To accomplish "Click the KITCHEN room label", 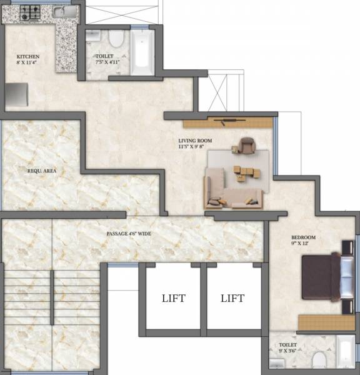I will tap(27, 56).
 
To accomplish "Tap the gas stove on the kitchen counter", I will tap(29, 13).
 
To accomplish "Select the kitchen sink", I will tap(61, 12).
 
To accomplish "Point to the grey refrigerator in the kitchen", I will tap(14, 94).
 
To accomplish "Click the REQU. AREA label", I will tap(39, 170).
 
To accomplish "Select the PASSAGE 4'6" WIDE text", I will tap(129, 234).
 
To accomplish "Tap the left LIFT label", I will tap(172, 298).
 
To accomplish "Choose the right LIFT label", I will tap(232, 298).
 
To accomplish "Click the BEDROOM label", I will tap(303, 238).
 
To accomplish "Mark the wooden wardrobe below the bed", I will tap(325, 322).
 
